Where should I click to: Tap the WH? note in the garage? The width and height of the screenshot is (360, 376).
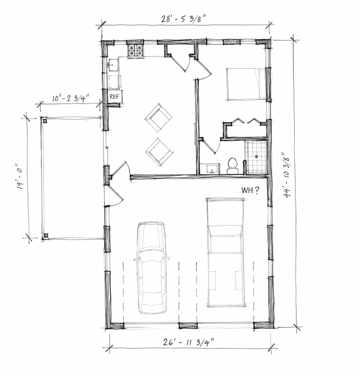pos(250,191)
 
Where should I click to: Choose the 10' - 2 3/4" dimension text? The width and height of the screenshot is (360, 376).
pos(70,98)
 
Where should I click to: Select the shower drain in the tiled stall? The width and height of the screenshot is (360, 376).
pos(257,156)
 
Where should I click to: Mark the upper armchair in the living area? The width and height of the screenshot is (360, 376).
pos(158,118)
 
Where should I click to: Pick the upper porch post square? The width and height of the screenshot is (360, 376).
pos(45,121)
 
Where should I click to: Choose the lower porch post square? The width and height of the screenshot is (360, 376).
pos(46,236)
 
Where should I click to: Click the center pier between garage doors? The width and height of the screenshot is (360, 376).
pos(188,326)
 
